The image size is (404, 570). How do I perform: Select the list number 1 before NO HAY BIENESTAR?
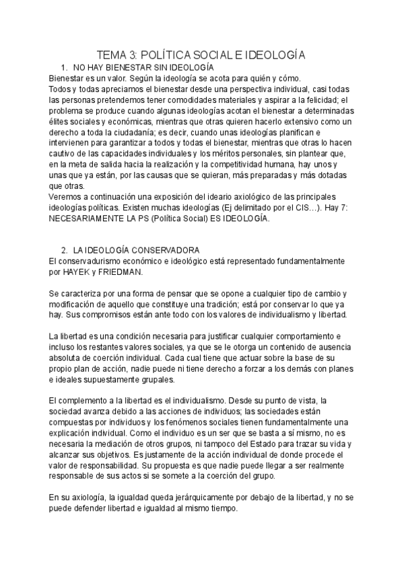point(63,68)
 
